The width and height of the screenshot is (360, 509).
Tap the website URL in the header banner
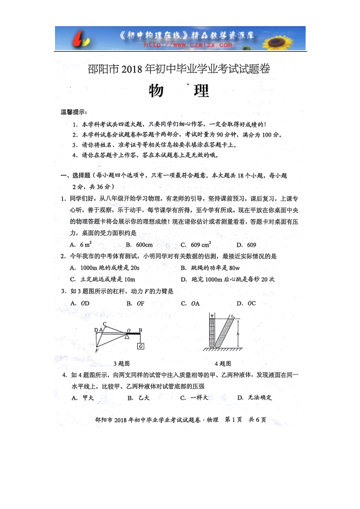coord(180,45)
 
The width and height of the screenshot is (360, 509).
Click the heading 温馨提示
coord(73,113)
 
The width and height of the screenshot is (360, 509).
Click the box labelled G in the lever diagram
coord(141,346)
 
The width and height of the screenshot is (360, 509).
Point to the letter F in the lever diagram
coord(96,351)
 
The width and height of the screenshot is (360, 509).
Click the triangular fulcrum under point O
coord(127,336)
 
